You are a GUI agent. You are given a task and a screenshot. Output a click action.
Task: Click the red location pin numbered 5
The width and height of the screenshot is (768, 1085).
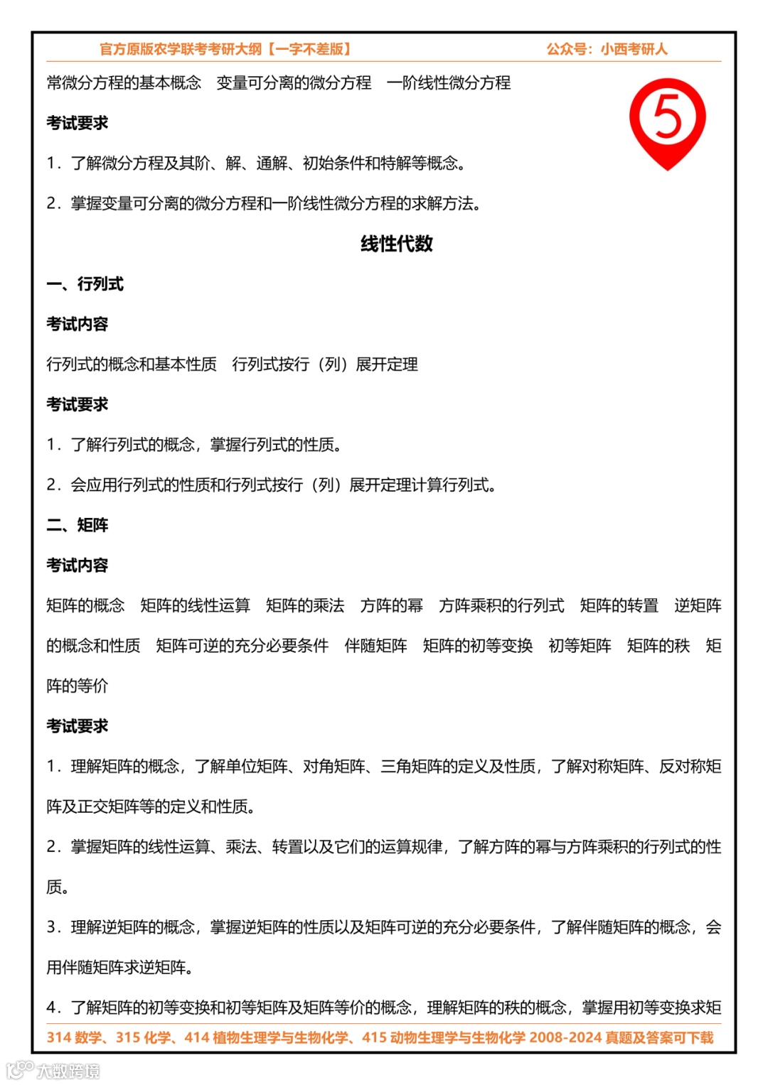tap(667, 119)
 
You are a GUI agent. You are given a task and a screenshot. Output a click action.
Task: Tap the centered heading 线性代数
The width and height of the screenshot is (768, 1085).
tap(396, 244)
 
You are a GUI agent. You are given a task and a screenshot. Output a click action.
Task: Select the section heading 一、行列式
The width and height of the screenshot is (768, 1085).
tap(85, 284)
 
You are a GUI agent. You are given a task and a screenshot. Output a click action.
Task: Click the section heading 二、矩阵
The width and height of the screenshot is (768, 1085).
tap(77, 525)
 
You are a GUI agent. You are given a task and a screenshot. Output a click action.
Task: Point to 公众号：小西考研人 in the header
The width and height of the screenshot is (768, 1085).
tap(607, 49)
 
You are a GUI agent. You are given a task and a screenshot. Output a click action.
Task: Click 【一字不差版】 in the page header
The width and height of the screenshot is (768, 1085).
tap(309, 49)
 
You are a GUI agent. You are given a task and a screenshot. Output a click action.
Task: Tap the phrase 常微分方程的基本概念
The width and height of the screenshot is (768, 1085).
tap(124, 82)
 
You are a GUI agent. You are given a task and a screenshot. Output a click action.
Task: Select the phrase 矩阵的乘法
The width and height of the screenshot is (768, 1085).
tap(305, 605)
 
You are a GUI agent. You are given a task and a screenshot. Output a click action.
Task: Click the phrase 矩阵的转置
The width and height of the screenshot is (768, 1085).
tap(619, 605)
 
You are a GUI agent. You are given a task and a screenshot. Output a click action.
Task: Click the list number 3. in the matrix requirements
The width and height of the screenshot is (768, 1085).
tap(55, 927)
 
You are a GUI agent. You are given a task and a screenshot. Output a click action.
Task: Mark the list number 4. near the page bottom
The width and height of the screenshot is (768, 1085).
tap(55, 1008)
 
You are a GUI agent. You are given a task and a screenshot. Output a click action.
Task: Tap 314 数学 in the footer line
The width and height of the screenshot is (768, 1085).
tap(73, 1037)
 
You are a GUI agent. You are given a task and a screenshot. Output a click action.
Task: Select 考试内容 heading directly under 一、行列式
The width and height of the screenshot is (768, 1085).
tap(77, 324)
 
